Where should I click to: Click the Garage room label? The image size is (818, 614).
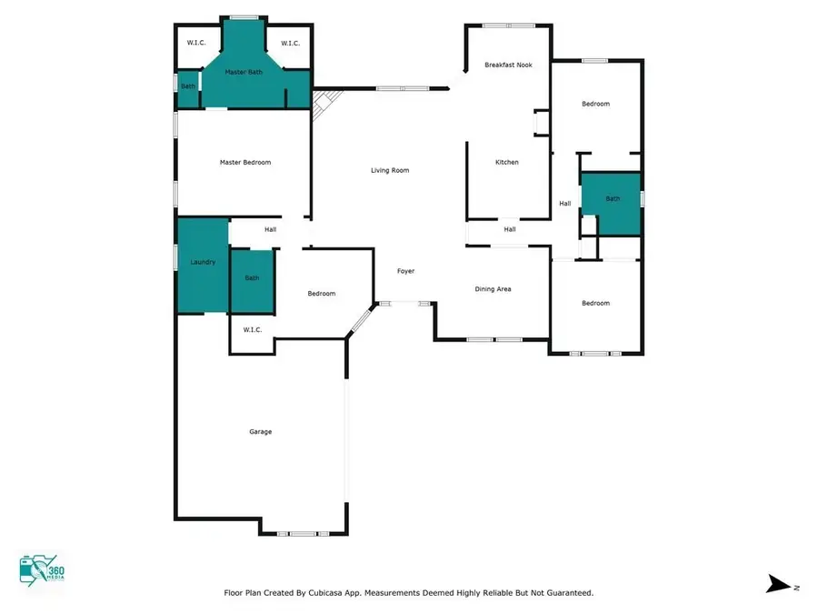(x=261, y=431)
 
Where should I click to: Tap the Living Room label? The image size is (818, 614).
(x=390, y=170)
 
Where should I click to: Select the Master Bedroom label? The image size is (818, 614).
(x=245, y=162)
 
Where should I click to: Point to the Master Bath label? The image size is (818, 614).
(x=244, y=72)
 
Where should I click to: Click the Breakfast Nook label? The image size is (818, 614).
(x=508, y=65)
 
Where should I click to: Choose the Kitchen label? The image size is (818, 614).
(x=506, y=162)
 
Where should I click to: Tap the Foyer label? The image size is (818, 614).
(x=405, y=271)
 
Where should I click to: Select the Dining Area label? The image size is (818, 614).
(x=493, y=289)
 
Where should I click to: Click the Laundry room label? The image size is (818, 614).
(x=203, y=262)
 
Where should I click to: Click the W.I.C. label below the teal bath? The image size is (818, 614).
(x=252, y=329)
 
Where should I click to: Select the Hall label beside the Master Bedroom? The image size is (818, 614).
(x=270, y=229)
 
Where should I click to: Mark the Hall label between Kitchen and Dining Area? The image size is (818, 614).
(x=510, y=229)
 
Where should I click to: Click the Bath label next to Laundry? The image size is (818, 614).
(x=252, y=277)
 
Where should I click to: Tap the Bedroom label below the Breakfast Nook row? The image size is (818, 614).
(x=595, y=104)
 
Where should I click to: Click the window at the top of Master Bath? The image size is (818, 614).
(x=243, y=17)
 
